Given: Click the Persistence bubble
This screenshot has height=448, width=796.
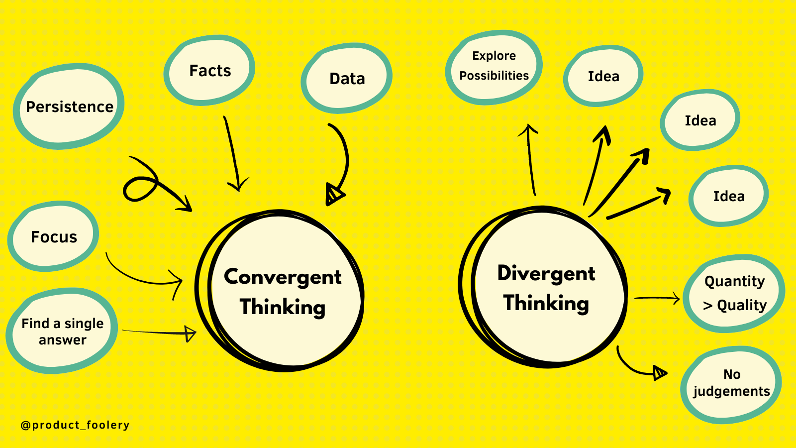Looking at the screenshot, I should point(69,107).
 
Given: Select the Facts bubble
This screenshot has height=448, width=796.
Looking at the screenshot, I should point(210,71).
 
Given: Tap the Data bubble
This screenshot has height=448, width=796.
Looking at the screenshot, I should point(347,79).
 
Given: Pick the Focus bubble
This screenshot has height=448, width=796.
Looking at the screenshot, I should point(54,237).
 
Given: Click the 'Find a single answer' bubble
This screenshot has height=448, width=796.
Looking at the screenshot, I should point(62,331).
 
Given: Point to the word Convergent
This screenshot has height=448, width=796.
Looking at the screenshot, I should point(283,277).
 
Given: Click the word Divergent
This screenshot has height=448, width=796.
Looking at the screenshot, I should point(546,273).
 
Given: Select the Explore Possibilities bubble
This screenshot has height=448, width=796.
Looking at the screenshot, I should point(494,66).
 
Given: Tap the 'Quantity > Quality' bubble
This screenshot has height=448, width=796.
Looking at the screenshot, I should point(734,293).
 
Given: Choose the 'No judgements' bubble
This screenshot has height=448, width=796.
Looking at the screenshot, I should point(731,383).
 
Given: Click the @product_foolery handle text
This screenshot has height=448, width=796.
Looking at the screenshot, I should point(75,425).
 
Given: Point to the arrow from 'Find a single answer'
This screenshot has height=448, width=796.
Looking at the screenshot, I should point(159,333).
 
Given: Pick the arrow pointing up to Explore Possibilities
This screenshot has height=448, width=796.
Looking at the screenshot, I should point(530,159).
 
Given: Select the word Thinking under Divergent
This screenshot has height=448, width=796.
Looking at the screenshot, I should point(546,303).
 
